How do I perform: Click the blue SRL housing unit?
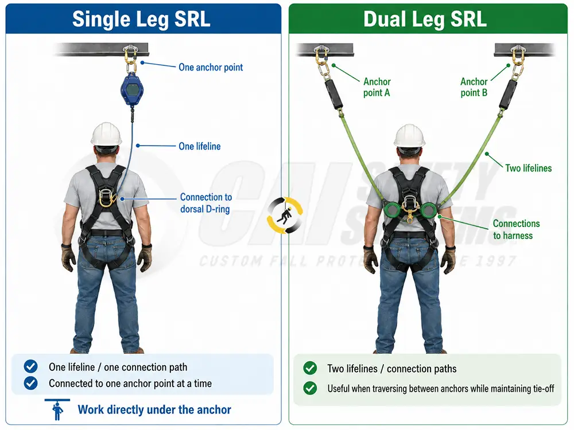132,89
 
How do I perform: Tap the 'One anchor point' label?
211,67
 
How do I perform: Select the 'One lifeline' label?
200,146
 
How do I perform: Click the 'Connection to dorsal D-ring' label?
205,203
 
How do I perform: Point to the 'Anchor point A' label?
377,87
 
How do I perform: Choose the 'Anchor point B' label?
474,87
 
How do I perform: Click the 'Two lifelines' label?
528,168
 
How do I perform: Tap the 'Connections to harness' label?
516,229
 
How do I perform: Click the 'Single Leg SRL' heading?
141,19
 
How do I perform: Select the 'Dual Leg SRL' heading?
425,19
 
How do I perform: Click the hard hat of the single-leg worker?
106,135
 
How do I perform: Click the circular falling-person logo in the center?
285,216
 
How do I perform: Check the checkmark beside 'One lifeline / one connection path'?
30,366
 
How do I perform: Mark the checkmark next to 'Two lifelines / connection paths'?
310,368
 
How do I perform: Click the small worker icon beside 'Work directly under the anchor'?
57,409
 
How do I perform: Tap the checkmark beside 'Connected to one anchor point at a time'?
30,383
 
